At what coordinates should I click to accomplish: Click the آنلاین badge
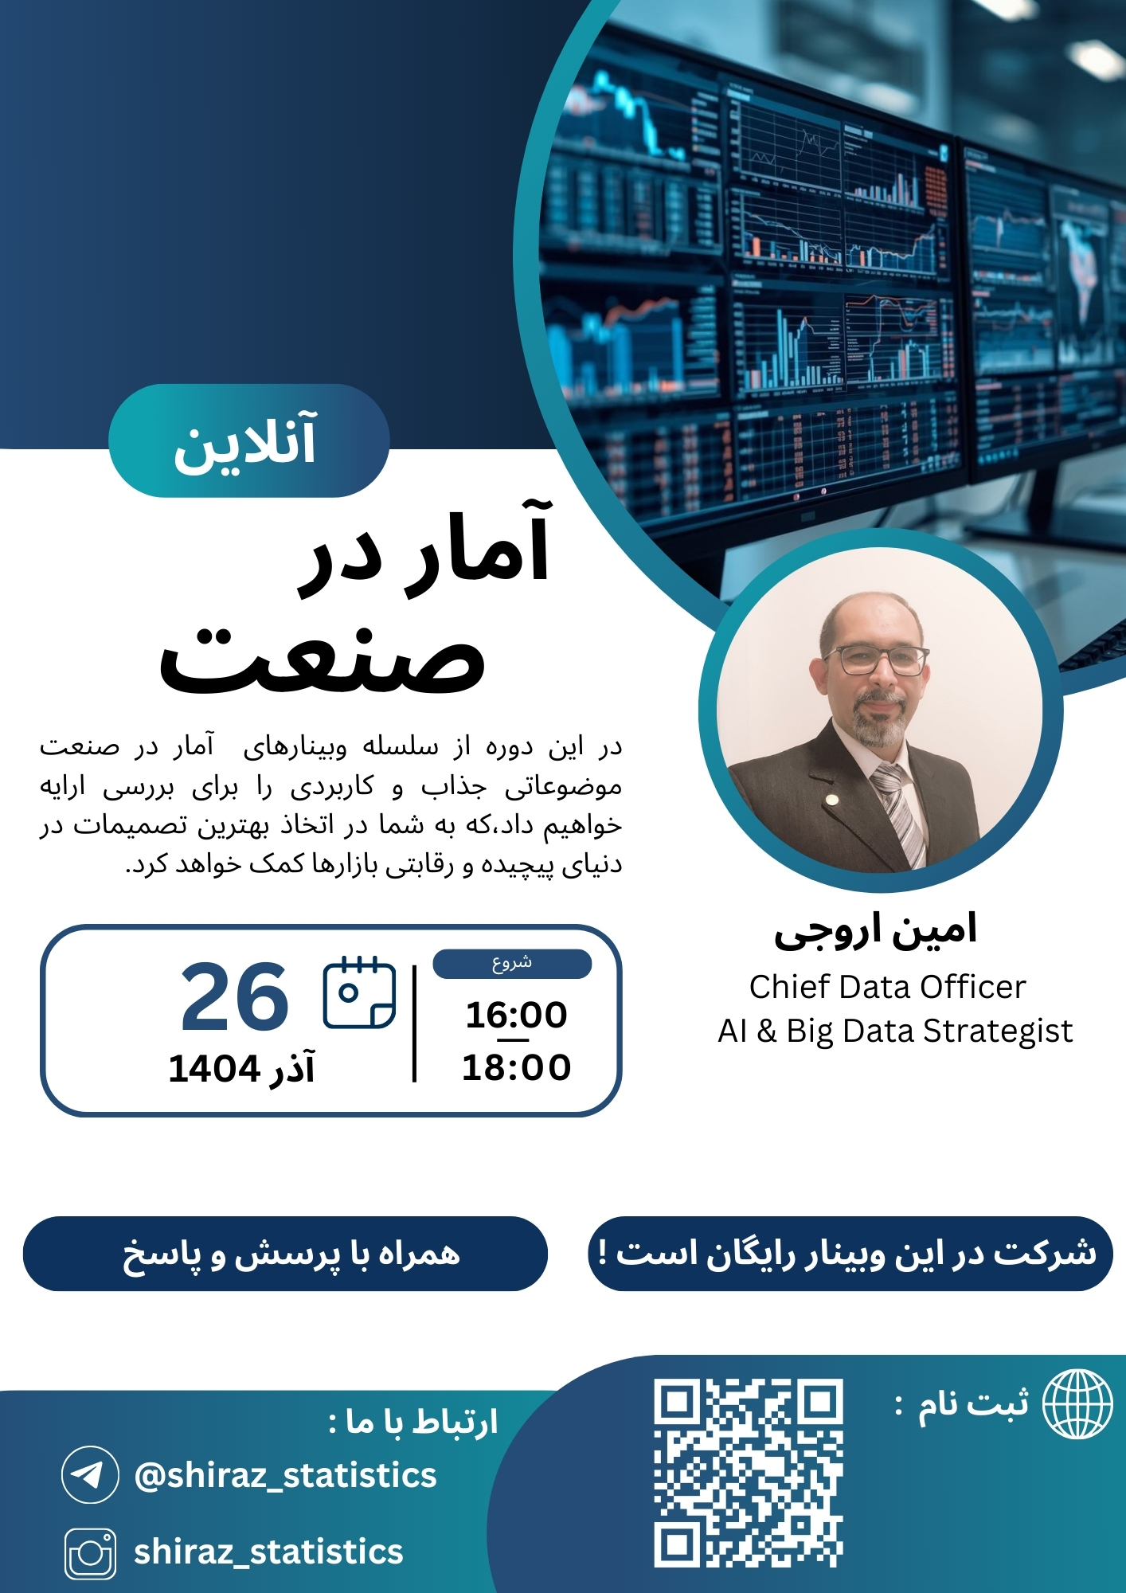coord(248,441)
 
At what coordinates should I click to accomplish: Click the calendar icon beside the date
coord(359,992)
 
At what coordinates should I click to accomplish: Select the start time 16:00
coord(516,1015)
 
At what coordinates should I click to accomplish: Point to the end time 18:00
coord(516,1067)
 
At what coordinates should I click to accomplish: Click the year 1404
coord(214,1069)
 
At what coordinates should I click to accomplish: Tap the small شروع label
coord(512,964)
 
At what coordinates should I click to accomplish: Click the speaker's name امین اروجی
coord(876,930)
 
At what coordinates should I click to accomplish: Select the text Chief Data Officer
coord(887,987)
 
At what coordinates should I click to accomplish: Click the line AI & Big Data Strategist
coord(895,1031)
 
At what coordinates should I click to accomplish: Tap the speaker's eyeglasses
coord(877,660)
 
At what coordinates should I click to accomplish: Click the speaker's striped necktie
coord(900,812)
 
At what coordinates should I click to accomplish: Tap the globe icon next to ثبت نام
coord(1077,1404)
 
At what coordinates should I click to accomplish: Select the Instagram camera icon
coord(90,1553)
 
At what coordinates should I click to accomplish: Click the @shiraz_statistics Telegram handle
coord(285,1475)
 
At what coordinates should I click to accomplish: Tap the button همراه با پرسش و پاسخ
coord(285,1254)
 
